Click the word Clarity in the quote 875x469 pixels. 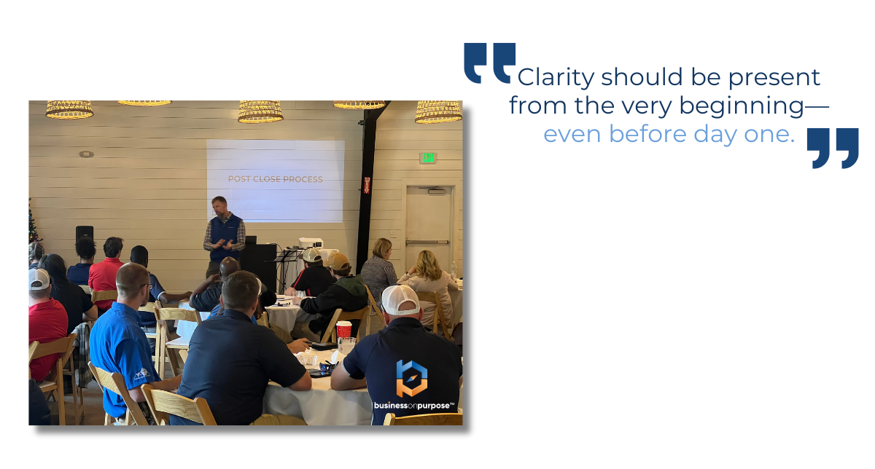coord(556,78)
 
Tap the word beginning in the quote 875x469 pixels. coord(742,106)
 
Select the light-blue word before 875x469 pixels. coord(647,134)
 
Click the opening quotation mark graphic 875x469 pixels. coord(490,63)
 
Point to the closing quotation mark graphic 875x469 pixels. coord(833,149)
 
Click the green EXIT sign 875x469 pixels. coord(428,157)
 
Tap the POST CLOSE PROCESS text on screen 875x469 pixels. coord(276,179)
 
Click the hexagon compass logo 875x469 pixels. coord(412,378)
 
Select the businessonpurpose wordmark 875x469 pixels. coord(414,406)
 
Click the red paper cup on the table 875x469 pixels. coord(343,330)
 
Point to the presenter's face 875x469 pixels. coord(219,206)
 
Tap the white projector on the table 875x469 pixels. coord(311,243)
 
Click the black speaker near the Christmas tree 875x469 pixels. coord(85,232)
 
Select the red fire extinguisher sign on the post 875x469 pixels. coord(367,185)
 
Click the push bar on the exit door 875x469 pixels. coord(427,242)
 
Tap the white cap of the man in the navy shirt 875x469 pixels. coord(400,299)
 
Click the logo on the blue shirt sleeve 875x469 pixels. coord(141,374)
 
